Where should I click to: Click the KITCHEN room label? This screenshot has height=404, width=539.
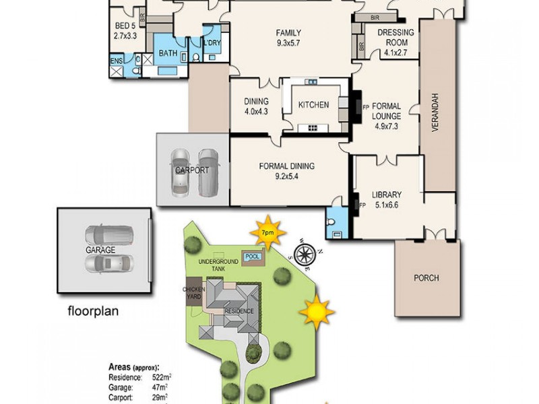[314, 104]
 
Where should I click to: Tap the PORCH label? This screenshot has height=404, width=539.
[426, 278]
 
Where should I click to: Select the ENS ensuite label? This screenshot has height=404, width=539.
[116, 61]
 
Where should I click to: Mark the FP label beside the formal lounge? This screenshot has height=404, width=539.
[366, 107]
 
